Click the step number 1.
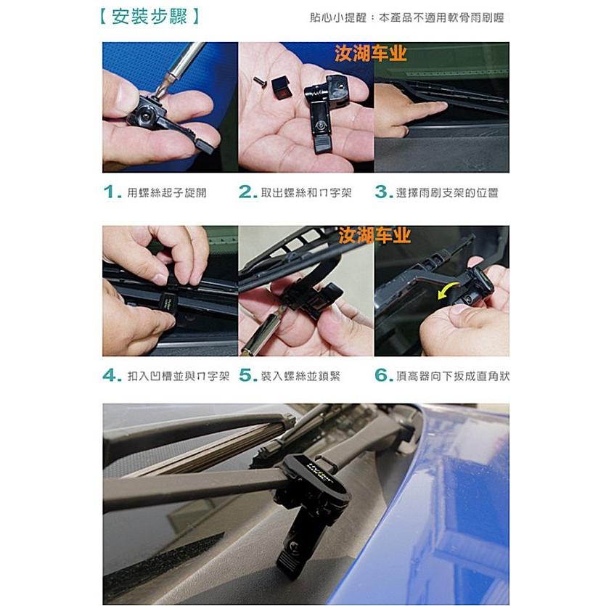[x=110, y=192]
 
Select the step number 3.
[x=383, y=192]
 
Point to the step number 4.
[x=110, y=376]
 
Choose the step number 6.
[x=383, y=376]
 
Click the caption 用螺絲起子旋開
[x=166, y=193]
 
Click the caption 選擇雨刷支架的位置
[x=446, y=193]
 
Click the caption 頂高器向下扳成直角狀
[x=453, y=377]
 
